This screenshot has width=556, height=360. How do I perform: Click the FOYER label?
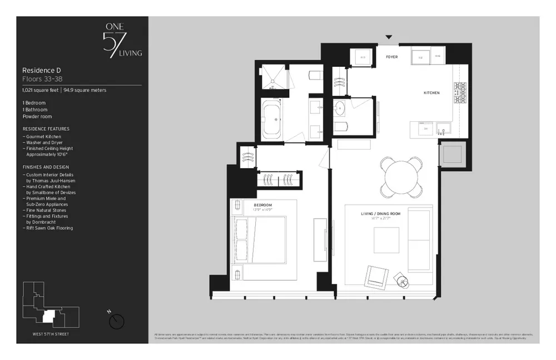point(392,57)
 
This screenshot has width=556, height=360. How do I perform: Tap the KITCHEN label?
point(431,92)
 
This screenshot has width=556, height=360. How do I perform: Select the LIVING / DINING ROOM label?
point(381,214)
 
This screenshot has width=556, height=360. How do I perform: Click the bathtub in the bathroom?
point(272,119)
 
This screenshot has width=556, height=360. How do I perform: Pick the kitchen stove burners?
point(460,93)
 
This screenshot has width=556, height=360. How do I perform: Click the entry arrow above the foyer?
point(389,38)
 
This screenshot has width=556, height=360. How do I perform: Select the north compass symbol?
point(117,320)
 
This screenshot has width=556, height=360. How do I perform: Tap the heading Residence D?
point(41,71)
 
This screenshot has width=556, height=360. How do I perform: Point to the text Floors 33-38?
point(42,79)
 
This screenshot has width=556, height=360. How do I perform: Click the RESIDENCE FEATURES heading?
point(46,129)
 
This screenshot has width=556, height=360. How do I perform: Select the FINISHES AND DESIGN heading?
point(46,167)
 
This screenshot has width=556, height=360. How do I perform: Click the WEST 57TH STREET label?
point(51,333)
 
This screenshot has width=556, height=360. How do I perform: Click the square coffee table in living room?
point(386,240)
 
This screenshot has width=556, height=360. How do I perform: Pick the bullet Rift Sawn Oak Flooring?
point(49,228)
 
